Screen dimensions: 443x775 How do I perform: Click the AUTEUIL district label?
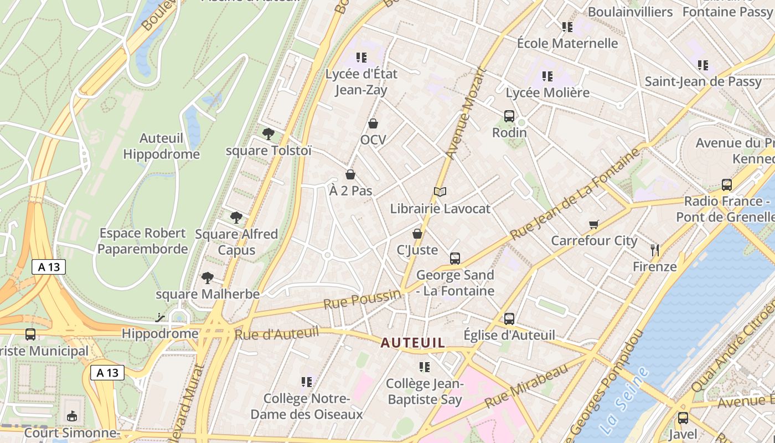pyautogui.click(x=412, y=343)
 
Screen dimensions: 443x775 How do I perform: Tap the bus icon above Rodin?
pyautogui.click(x=509, y=116)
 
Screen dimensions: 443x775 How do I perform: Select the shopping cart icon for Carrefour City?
pyautogui.click(x=594, y=224)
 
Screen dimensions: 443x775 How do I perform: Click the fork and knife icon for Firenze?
pyautogui.click(x=655, y=250)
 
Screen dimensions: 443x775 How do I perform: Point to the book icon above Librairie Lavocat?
pyautogui.click(x=440, y=192)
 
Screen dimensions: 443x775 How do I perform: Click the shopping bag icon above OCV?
pyautogui.click(x=373, y=123)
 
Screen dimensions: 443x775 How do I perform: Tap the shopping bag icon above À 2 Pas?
pyautogui.click(x=350, y=175)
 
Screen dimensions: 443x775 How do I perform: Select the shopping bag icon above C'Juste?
pyautogui.click(x=417, y=234)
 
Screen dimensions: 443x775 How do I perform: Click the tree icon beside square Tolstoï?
pyautogui.click(x=268, y=133)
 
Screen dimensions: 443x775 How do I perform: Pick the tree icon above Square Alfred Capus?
pyautogui.click(x=236, y=218)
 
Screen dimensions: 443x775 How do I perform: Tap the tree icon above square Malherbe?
pyautogui.click(x=208, y=277)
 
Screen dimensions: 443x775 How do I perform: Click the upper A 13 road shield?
pyautogui.click(x=49, y=267)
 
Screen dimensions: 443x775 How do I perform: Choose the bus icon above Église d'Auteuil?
pyautogui.click(x=509, y=319)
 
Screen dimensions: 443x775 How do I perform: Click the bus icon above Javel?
pyautogui.click(x=683, y=418)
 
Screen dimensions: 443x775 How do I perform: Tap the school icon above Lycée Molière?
pyautogui.click(x=547, y=76)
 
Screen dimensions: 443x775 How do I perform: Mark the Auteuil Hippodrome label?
pyautogui.click(x=161, y=146)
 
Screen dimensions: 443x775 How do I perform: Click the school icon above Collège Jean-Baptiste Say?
pyautogui.click(x=425, y=367)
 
